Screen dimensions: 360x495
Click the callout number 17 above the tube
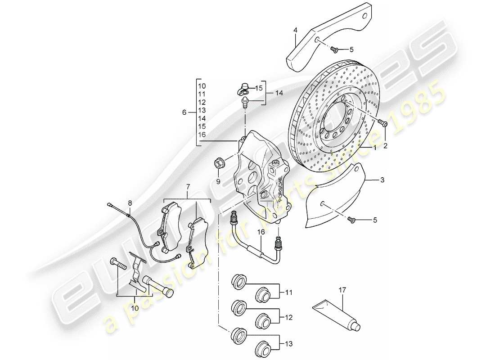coord(342,291)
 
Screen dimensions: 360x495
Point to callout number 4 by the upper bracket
coord(295,31)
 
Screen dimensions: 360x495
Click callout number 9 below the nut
coord(218,182)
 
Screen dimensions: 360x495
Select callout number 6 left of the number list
coord(184,113)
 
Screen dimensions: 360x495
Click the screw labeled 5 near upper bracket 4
coord(334,49)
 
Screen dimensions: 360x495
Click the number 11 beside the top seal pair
coord(288,292)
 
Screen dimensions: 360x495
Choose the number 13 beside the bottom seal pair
coord(288,344)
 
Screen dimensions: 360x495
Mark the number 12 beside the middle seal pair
coord(288,318)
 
